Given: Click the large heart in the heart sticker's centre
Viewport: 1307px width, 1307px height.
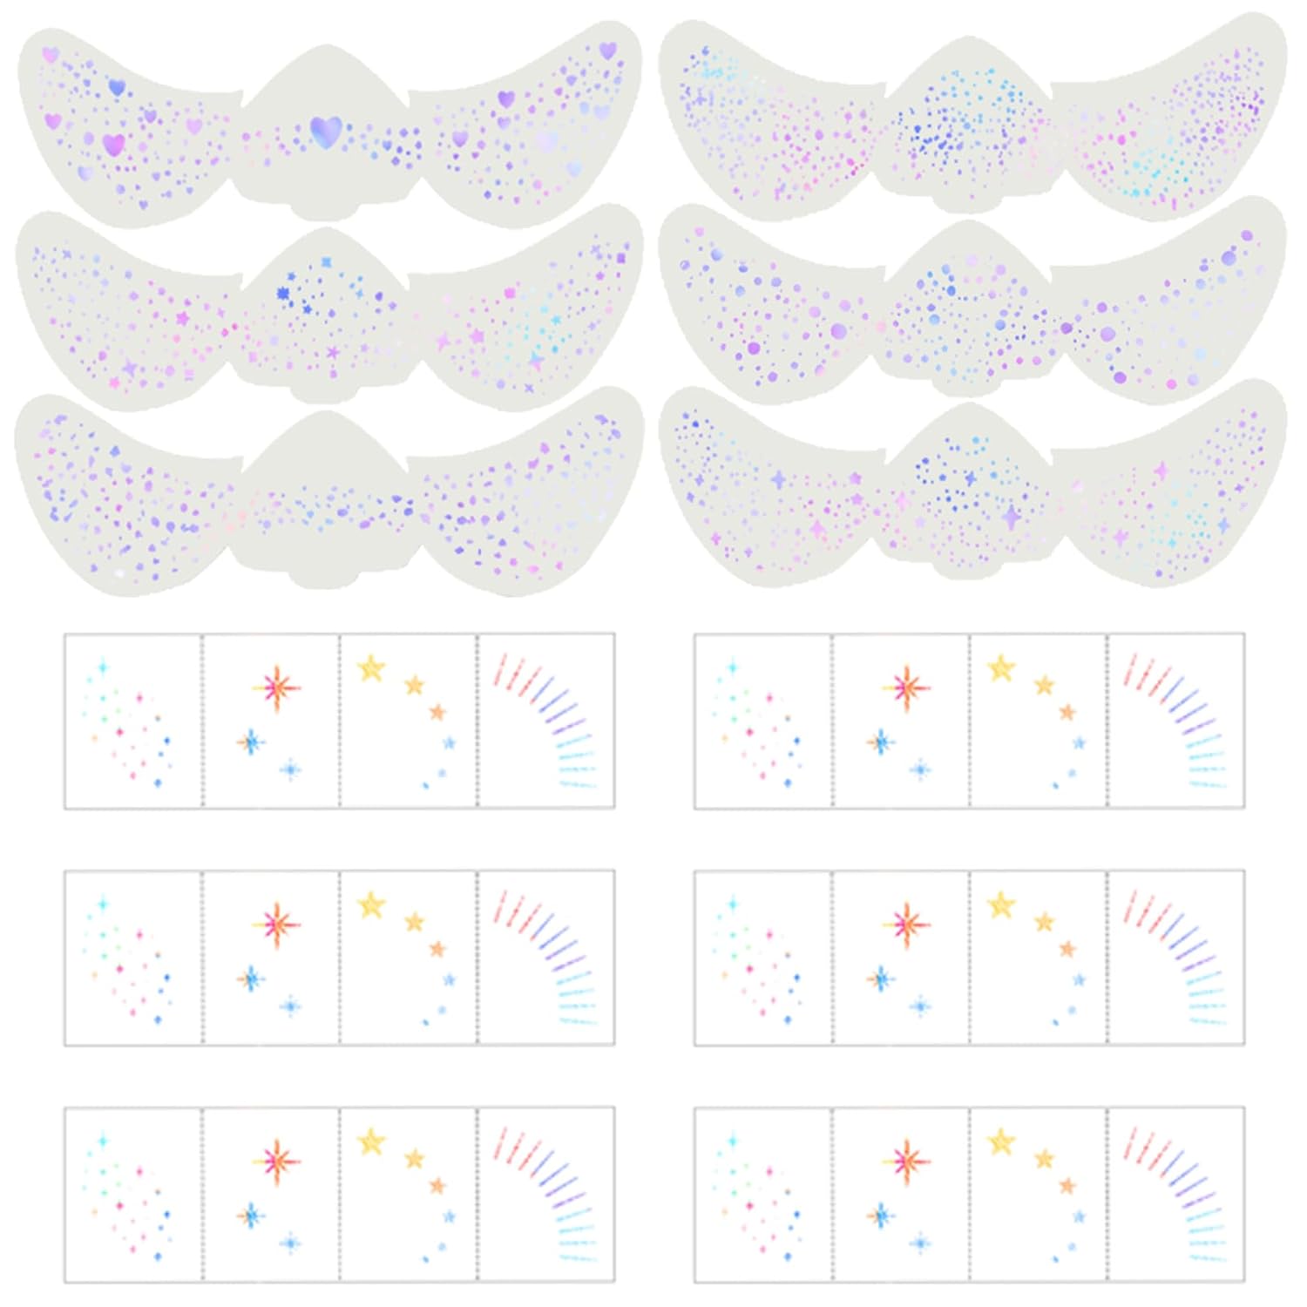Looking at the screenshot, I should pos(325,132).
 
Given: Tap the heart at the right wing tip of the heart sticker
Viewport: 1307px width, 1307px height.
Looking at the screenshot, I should pos(607,51).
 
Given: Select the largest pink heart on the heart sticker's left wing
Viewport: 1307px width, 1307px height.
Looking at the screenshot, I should pos(112,145).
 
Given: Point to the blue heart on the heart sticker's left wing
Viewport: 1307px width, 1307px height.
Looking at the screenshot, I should pos(117,87).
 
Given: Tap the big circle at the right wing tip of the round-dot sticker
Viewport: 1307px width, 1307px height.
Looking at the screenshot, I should pos(1246,235).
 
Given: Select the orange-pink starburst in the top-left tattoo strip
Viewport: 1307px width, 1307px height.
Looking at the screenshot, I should pos(277,687).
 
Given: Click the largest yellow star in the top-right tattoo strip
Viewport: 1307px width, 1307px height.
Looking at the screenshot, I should pos(1001,668).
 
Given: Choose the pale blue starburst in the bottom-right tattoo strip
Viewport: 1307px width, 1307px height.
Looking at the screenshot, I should pos(920,1243).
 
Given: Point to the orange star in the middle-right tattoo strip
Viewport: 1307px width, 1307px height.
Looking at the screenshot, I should pos(1067,949).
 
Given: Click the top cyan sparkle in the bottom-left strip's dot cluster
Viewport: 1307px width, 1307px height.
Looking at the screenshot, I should pos(103,1141).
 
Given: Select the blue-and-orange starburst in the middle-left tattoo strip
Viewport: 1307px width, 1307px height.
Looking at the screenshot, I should pos(251,979).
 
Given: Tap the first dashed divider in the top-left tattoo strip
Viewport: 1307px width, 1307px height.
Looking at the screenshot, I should pos(202,721).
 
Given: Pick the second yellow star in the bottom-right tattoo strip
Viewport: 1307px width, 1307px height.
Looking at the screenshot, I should pos(1044,1159).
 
